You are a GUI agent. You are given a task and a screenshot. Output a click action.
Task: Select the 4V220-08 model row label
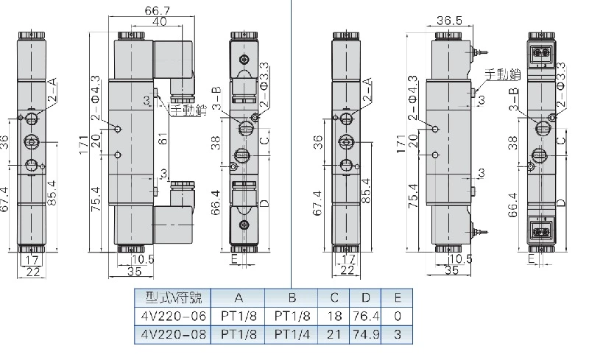click(172, 333)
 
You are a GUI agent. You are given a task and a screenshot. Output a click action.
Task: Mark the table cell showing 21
click(334, 333)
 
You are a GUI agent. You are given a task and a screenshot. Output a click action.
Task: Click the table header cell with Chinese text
click(172, 298)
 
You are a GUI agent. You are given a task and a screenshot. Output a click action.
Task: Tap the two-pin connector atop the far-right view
click(542, 54)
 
